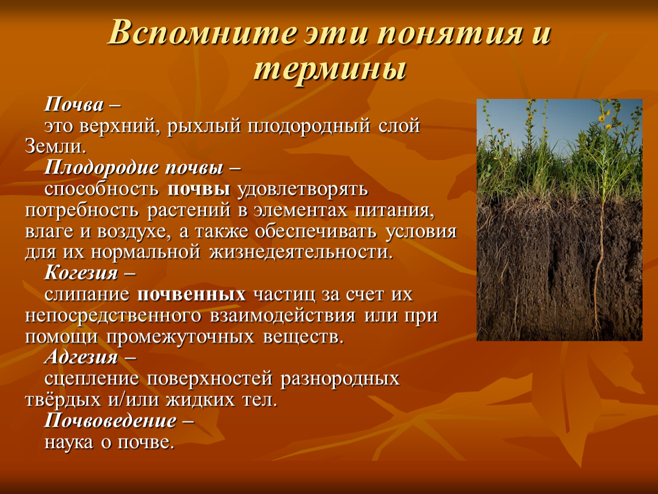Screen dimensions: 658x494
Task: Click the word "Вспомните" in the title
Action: (203, 33)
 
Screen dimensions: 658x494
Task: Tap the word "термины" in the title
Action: (330, 69)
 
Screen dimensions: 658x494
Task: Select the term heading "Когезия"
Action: (81, 273)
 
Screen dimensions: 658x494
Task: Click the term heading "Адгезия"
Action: (81, 357)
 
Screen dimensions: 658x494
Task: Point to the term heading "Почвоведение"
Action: (110, 420)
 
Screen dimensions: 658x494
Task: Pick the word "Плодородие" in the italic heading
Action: (101, 168)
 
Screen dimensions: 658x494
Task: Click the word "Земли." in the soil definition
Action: (56, 146)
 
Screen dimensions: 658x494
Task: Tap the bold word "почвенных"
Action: (191, 294)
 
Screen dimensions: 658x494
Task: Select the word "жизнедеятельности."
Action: (301, 252)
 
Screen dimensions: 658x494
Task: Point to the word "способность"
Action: (101, 189)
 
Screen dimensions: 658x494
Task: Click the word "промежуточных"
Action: (180, 337)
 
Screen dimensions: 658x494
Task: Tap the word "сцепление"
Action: (92, 379)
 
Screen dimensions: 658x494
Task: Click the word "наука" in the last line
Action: (69, 442)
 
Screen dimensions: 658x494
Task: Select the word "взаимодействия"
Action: (283, 316)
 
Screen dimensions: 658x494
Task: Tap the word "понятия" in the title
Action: (449, 33)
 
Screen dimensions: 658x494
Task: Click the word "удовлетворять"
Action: (303, 189)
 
